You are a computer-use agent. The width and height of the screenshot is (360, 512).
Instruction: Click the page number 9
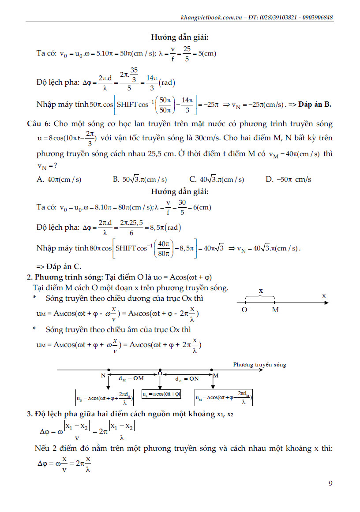[330, 483]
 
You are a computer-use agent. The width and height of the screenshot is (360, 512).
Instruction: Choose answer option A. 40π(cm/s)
[59, 179]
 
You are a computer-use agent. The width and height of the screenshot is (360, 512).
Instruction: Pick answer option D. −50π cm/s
[289, 179]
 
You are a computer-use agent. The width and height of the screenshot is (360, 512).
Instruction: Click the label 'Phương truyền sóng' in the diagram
[259, 365]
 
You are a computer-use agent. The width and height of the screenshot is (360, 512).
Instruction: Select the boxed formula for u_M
[224, 398]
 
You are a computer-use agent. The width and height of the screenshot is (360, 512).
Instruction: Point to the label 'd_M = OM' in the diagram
[131, 378]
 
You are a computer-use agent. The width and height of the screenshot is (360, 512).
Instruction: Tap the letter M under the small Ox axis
[275, 310]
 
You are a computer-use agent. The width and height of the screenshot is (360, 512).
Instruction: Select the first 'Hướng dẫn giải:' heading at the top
[180, 37]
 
